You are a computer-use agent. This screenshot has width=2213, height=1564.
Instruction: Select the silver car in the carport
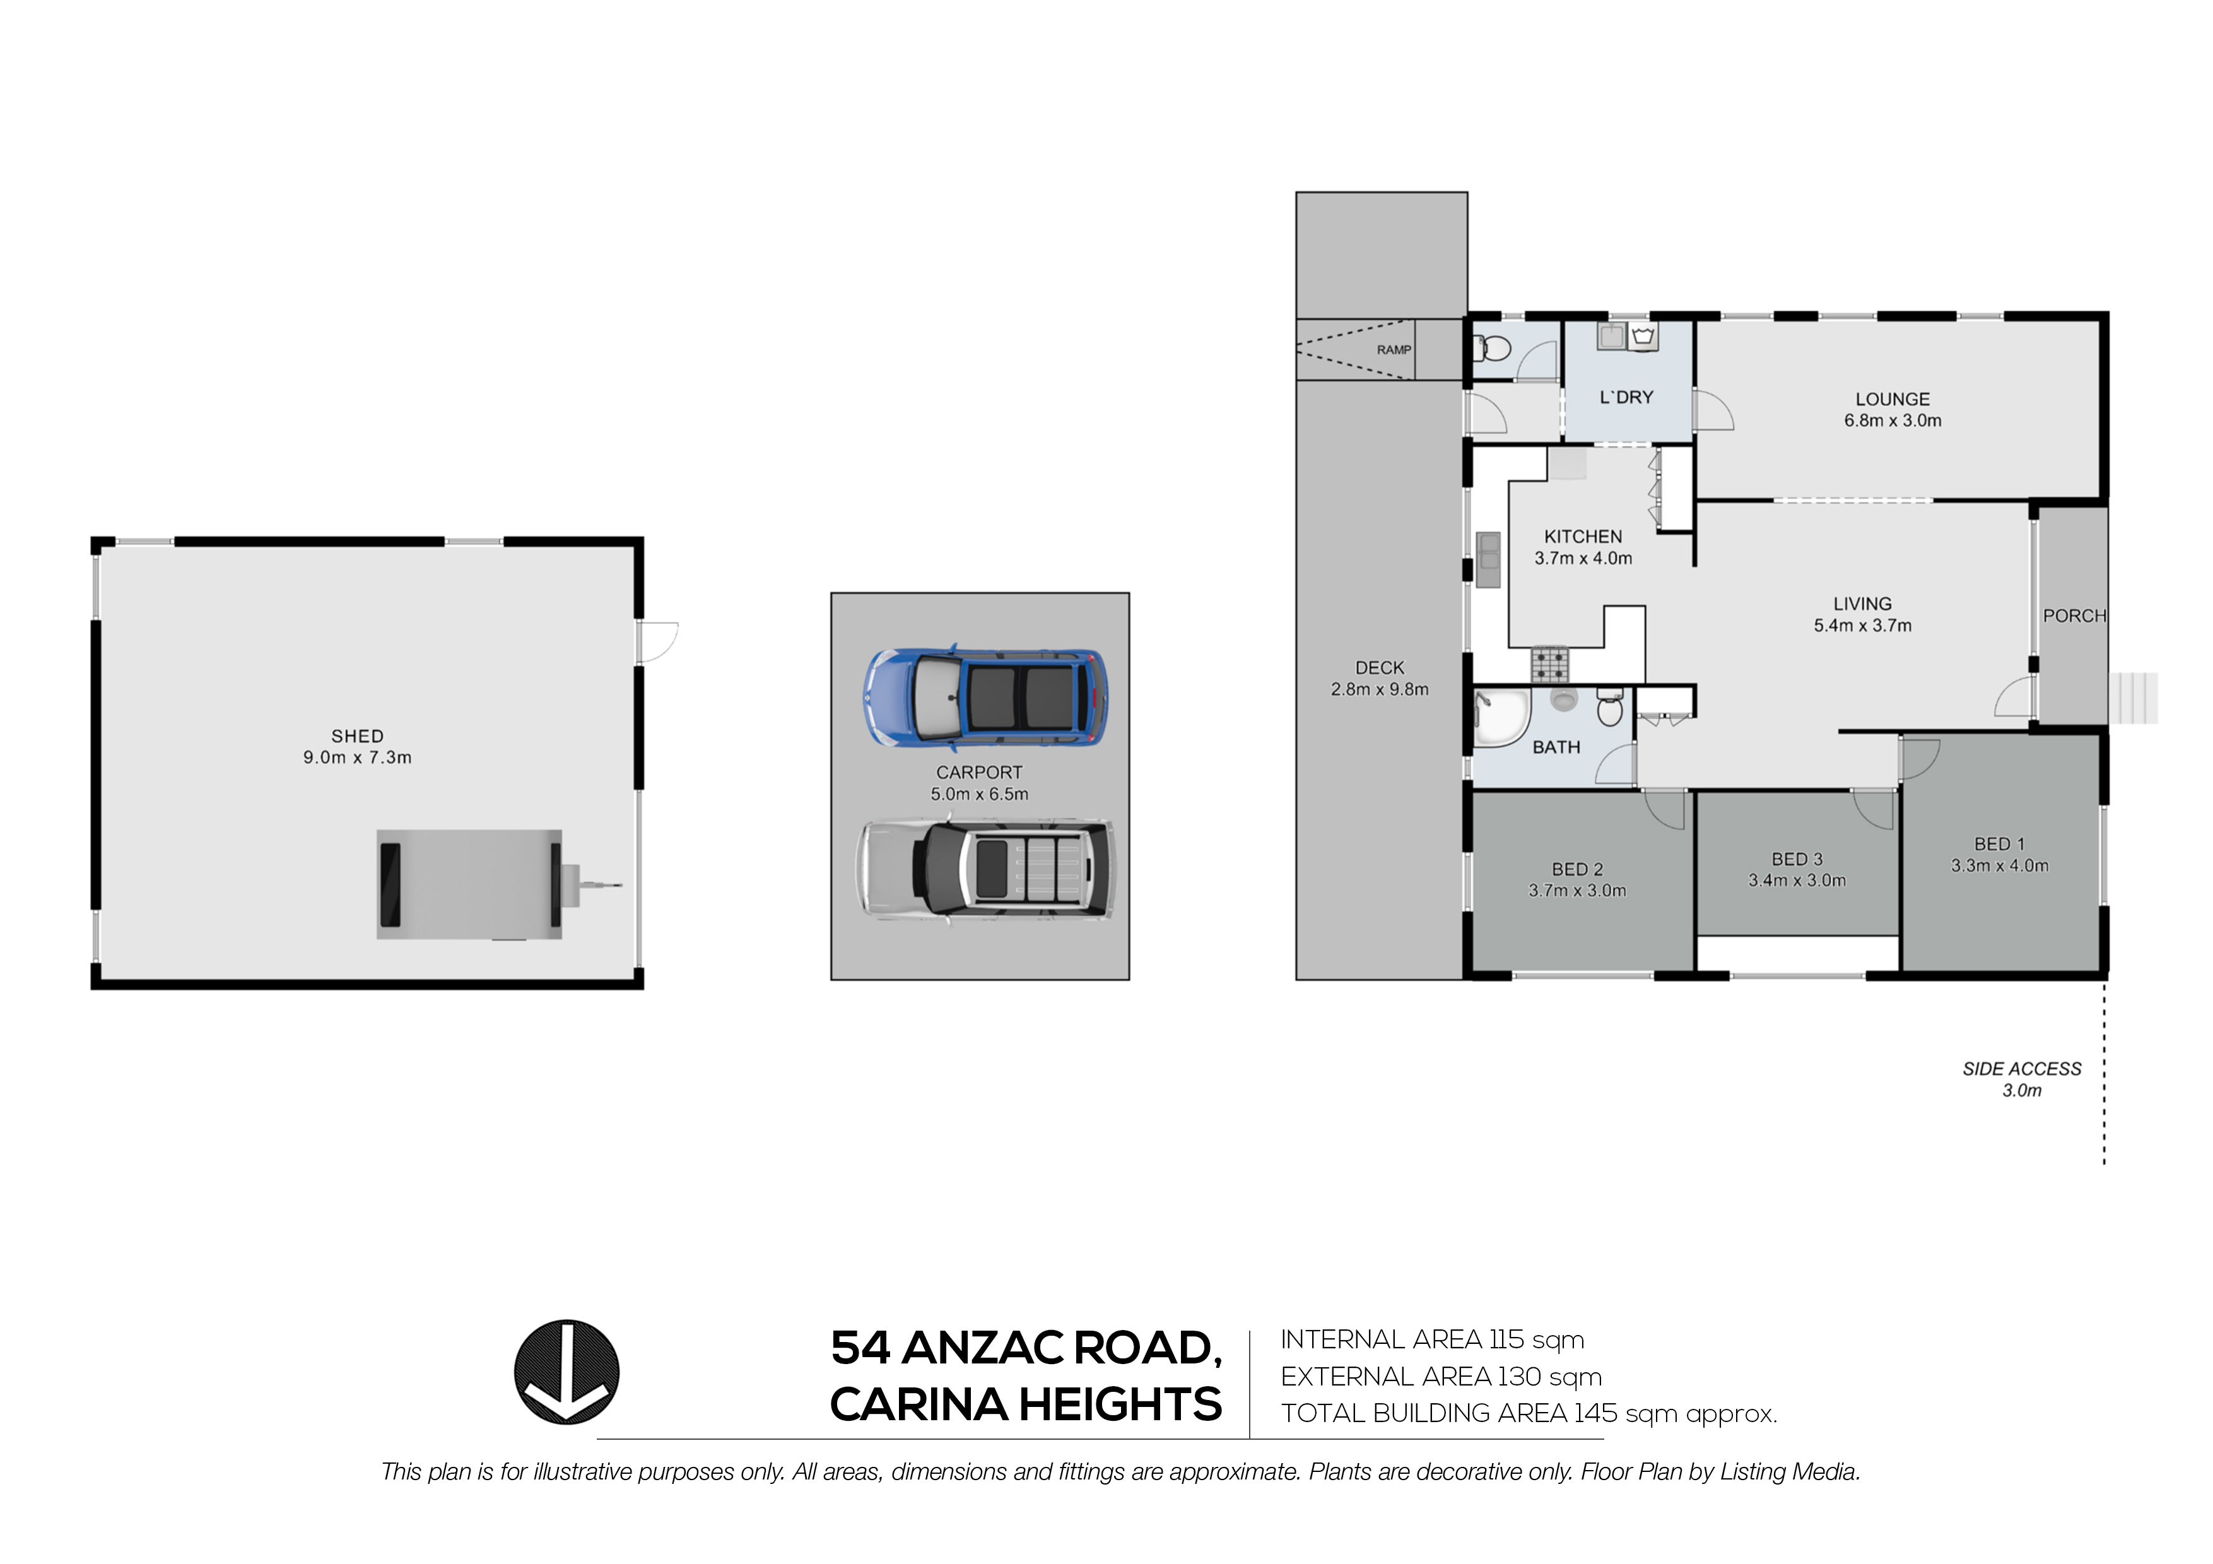(x=985, y=870)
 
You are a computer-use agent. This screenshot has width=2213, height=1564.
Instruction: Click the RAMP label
(x=1393, y=350)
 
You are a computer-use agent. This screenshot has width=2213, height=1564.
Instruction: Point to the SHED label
(x=358, y=736)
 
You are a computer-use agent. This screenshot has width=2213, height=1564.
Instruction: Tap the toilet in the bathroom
(x=1610, y=708)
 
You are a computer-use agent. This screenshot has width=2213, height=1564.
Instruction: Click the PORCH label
(x=2074, y=616)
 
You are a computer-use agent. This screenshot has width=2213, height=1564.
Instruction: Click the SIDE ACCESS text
(x=2021, y=1069)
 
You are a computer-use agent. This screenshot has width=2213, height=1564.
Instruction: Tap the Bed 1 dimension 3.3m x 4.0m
(x=1999, y=865)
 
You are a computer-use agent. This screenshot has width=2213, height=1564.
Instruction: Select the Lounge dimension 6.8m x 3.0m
(x=1892, y=420)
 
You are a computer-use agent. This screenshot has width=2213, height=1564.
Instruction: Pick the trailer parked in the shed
(x=473, y=884)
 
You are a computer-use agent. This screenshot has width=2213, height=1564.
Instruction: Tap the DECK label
(x=1379, y=668)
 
